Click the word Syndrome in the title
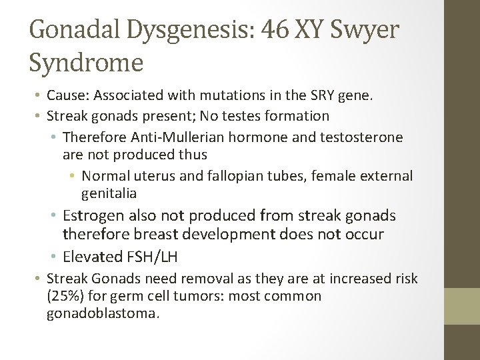(x=86, y=63)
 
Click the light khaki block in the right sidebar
(x=463, y=305)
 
